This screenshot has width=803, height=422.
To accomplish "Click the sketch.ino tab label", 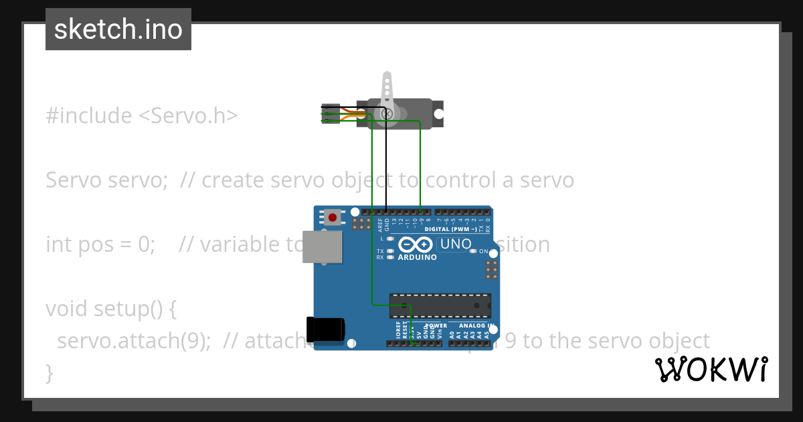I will (x=118, y=29).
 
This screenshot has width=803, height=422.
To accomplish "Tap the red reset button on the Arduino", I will (x=333, y=217).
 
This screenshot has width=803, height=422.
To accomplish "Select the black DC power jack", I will (x=325, y=328).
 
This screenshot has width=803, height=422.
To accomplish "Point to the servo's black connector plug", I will (x=331, y=113).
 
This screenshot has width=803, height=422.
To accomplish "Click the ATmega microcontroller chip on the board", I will (x=440, y=305).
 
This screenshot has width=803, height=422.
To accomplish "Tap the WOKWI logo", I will (x=711, y=369).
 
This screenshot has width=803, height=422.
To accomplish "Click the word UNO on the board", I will (x=456, y=244).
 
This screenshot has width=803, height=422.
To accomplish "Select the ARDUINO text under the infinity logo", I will (x=417, y=257).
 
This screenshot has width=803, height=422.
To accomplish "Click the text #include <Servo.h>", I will (x=142, y=116).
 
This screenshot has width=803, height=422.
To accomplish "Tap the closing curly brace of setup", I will (x=50, y=372).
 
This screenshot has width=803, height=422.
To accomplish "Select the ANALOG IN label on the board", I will (x=476, y=326).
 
